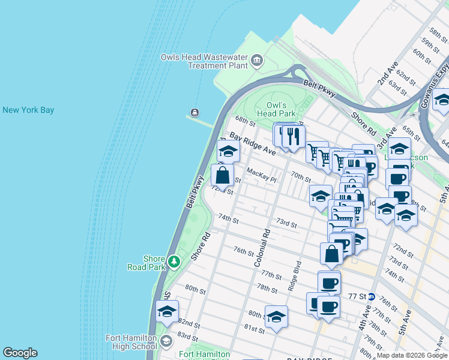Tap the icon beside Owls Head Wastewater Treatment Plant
pos(258,60)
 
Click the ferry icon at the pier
pos(195,113)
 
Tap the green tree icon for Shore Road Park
pos(173,262)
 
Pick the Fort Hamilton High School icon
pos(166,341)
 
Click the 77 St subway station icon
pos(372,296)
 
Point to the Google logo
pos(20,353)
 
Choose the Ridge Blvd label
pos(294,275)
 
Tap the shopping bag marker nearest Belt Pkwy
pos(222,175)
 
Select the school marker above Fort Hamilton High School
pos(167,311)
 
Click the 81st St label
pos(255,329)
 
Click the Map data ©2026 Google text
pos(411,355)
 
